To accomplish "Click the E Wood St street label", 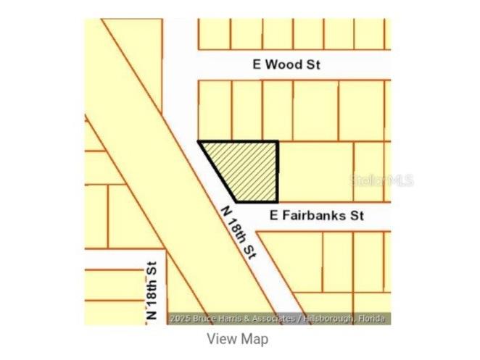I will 286,64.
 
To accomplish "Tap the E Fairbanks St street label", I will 316,215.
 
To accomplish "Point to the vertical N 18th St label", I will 152,291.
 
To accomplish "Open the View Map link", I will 237,338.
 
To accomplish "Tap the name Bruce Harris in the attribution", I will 215,319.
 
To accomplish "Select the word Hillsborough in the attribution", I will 332,319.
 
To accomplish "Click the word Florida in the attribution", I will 374,319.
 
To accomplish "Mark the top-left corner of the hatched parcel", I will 199,142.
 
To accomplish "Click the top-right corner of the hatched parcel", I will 278,142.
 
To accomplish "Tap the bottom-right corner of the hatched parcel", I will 278,201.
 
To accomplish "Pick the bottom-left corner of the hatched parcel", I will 235,201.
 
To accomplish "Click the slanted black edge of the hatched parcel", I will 217,172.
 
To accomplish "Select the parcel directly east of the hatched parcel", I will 315,171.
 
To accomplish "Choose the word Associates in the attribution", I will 272,319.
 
